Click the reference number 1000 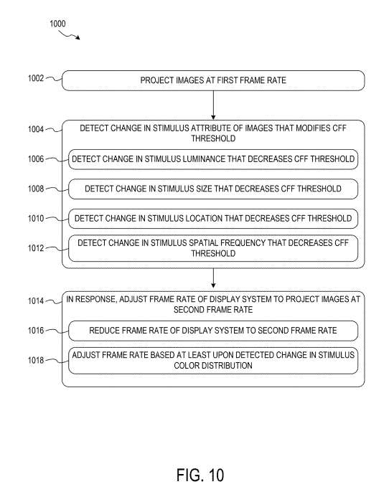click(x=57, y=24)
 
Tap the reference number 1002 click(x=36, y=78)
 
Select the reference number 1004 click(x=36, y=129)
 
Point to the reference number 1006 click(x=36, y=158)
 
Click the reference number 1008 click(x=36, y=189)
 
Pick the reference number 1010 click(x=36, y=218)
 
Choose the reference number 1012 click(x=36, y=248)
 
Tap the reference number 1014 click(x=36, y=301)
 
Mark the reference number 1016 click(x=36, y=331)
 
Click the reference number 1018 click(x=36, y=360)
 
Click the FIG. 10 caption click(x=200, y=475)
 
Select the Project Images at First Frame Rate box click(x=213, y=80)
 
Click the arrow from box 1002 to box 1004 click(x=213, y=105)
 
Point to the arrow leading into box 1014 click(x=213, y=278)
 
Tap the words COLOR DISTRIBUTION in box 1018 click(x=213, y=366)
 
